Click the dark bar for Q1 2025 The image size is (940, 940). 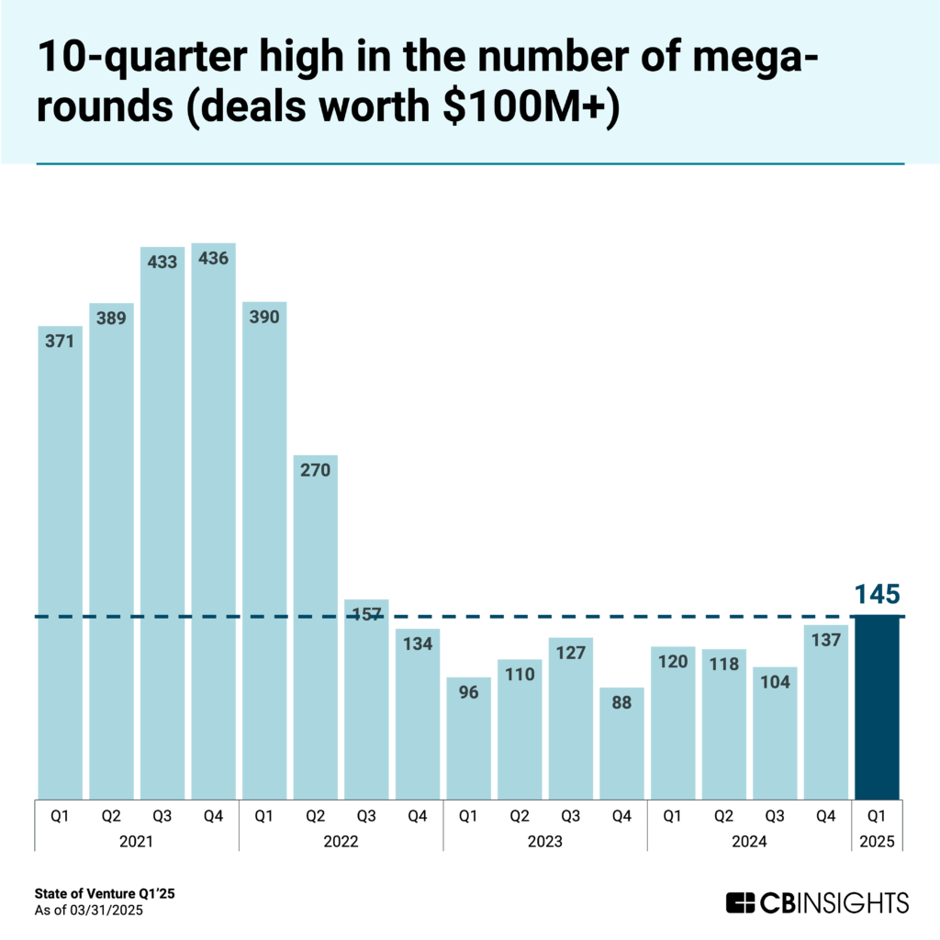[x=877, y=707]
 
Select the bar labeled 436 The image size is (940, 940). [x=214, y=523]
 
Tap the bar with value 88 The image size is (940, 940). [x=621, y=744]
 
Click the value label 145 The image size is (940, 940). [x=877, y=594]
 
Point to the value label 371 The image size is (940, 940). [x=60, y=341]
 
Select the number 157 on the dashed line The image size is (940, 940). [x=367, y=614]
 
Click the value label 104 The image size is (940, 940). [x=775, y=682]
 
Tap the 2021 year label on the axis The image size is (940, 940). [x=136, y=841]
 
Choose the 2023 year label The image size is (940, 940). [x=545, y=841]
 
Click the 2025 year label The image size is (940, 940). [x=877, y=841]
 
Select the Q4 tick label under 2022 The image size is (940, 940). [x=418, y=813]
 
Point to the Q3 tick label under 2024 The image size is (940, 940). [x=775, y=813]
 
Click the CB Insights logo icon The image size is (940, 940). [x=741, y=902]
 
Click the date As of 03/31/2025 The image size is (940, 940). [x=90, y=911]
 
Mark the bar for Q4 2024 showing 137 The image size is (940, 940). [x=826, y=716]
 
